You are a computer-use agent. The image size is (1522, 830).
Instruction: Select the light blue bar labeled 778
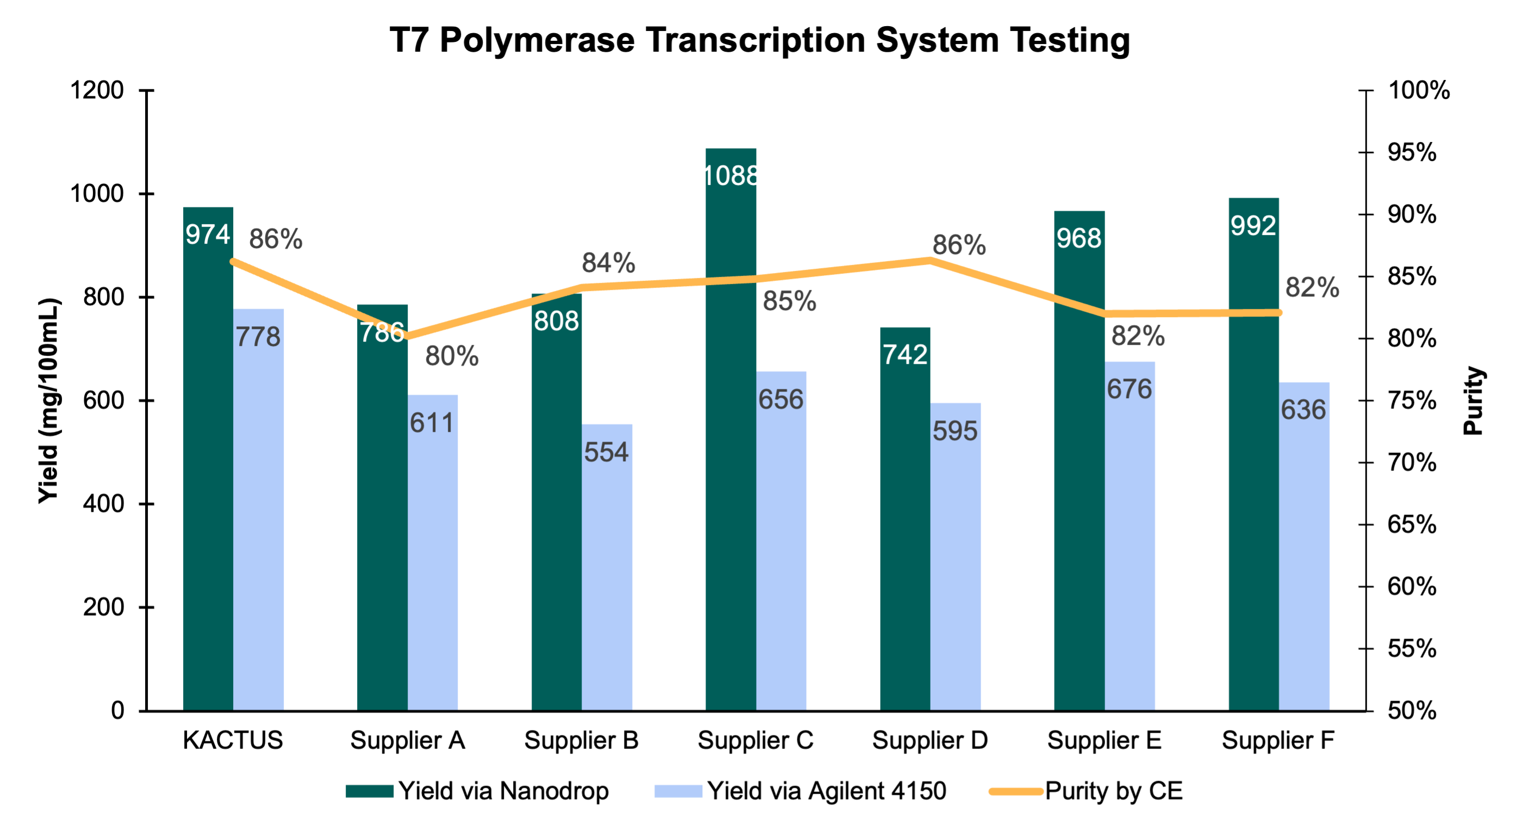259,520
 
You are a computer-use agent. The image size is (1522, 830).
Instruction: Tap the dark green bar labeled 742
905,532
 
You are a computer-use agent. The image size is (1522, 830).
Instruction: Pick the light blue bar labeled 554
607,579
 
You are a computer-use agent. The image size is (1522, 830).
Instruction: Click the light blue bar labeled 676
1130,544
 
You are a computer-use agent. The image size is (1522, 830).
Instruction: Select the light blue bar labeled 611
433,562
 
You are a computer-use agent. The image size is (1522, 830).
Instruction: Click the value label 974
208,234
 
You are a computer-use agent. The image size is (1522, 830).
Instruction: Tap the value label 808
556,321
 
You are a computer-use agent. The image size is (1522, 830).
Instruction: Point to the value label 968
1079,238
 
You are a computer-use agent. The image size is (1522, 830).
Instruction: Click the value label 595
955,431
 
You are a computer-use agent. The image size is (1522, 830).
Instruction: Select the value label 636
1303,410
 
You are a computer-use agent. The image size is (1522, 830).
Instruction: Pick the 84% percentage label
608,263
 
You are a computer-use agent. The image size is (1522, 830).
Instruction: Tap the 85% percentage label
789,301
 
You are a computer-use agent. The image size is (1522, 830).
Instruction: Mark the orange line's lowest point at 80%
408,338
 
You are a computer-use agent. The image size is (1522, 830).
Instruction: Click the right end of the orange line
1279,313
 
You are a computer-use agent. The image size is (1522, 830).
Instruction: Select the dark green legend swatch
370,791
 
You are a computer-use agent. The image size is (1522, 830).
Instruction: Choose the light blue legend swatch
678,791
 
